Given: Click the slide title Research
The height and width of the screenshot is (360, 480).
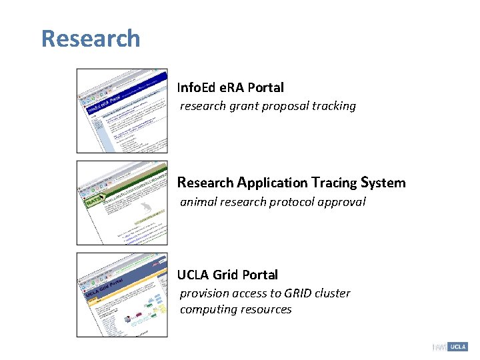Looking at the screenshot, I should pyautogui.click(x=91, y=39).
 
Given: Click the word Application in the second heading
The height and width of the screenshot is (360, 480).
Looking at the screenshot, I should pyautogui.click(x=272, y=183).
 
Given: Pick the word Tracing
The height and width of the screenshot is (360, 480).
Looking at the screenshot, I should pyautogui.click(x=333, y=183).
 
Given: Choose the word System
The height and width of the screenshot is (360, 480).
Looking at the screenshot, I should pyautogui.click(x=383, y=183).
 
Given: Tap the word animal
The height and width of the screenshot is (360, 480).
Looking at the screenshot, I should pyautogui.click(x=198, y=202).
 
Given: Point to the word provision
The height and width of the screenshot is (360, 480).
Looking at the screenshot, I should pyautogui.click(x=204, y=293).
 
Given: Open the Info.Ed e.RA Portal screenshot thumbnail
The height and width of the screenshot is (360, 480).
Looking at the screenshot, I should pyautogui.click(x=122, y=111).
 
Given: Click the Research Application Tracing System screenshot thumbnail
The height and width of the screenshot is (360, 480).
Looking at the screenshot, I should pyautogui.click(x=122, y=203).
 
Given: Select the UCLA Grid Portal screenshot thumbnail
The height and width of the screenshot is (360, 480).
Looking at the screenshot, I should pyautogui.click(x=122, y=295).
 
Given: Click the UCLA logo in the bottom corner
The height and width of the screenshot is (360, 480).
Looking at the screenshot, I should pyautogui.click(x=457, y=347).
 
